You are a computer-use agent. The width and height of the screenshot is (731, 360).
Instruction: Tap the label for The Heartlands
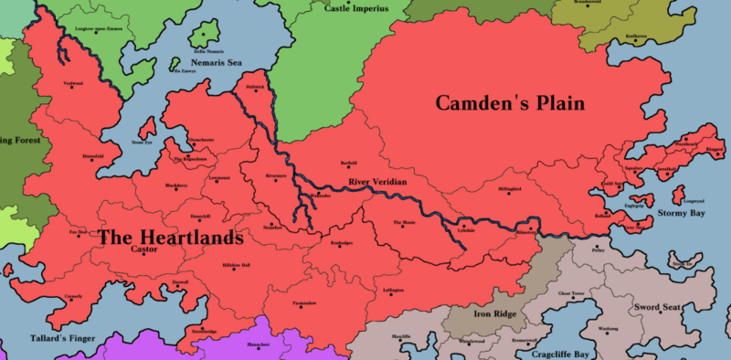[x=170, y=238]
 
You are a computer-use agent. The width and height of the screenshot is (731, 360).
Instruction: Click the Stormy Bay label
[x=681, y=213]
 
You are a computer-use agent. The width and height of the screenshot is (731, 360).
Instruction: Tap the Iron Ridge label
[x=496, y=312]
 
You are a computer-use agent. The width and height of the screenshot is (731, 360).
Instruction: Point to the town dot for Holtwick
[x=255, y=92]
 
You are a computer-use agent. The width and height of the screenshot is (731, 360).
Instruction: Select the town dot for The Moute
[x=403, y=228]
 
